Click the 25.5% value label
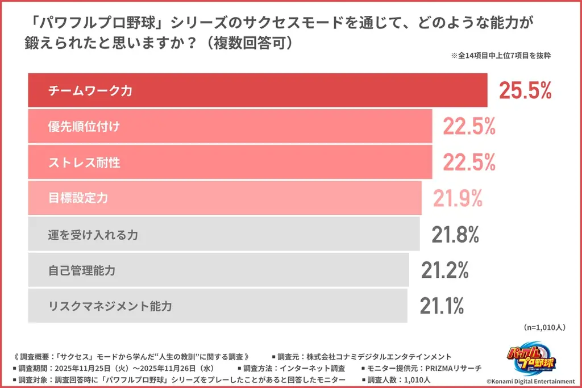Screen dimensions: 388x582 tap(525, 90)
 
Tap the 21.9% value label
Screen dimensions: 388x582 tap(458, 198)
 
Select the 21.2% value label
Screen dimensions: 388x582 tap(445, 270)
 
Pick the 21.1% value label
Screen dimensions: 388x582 tap(442, 306)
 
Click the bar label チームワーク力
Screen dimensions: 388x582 tap(90, 90)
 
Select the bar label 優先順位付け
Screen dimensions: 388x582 tap(84, 127)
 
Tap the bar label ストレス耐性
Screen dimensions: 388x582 tap(84, 162)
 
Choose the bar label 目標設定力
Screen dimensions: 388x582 tap(78, 198)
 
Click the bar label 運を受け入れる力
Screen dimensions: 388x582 tap(93, 234)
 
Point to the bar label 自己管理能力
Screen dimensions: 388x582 tap(82, 270)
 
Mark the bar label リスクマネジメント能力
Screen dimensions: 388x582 tap(110, 306)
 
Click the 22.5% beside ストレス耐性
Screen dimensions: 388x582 tap(469, 162)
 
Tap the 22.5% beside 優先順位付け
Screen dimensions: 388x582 tap(469, 127)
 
